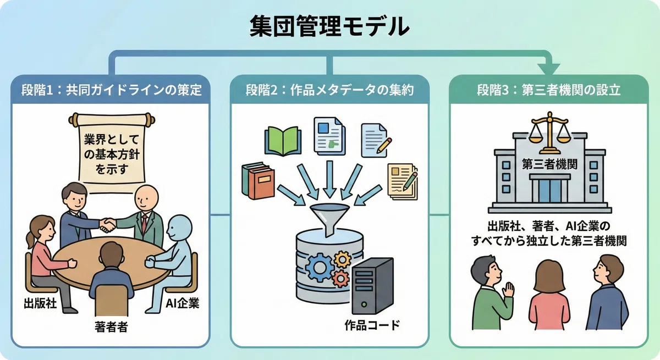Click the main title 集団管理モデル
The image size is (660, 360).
(x=329, y=26)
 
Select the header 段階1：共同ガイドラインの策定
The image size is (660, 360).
(x=112, y=90)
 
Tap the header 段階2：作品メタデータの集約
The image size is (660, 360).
(x=329, y=90)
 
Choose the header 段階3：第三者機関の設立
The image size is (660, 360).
(x=549, y=90)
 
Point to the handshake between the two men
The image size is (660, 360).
(x=107, y=225)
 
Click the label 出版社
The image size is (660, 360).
(x=40, y=303)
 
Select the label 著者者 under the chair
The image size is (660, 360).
(x=111, y=326)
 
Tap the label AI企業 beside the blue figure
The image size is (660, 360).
(x=183, y=303)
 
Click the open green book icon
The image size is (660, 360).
(x=283, y=141)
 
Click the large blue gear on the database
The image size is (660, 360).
(x=320, y=268)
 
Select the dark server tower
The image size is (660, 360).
(x=373, y=286)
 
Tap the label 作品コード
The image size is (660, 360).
(x=372, y=325)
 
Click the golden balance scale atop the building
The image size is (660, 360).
(x=550, y=132)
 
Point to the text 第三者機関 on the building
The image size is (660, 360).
(x=549, y=164)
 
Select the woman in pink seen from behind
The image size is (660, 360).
(x=549, y=295)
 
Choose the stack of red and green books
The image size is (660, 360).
(x=258, y=180)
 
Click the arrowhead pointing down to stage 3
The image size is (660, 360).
(x=548, y=69)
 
